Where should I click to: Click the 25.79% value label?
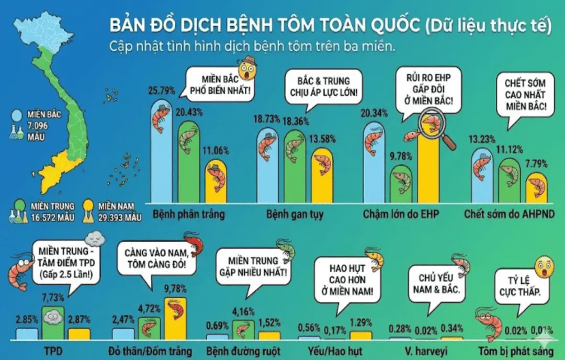click(162, 91)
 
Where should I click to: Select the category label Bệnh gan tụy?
click(295, 215)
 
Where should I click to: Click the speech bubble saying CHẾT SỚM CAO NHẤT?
click(525, 97)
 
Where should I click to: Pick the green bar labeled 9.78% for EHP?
click(401, 184)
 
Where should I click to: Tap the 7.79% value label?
click(536, 164)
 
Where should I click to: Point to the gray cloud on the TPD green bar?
click(53, 317)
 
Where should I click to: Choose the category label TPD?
click(53, 351)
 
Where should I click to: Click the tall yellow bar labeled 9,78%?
click(175, 318)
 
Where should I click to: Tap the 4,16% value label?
click(243, 311)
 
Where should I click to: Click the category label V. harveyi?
click(425, 351)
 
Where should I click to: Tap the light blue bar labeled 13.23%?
click(482, 176)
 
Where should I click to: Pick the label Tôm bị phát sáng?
click(516, 351)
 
